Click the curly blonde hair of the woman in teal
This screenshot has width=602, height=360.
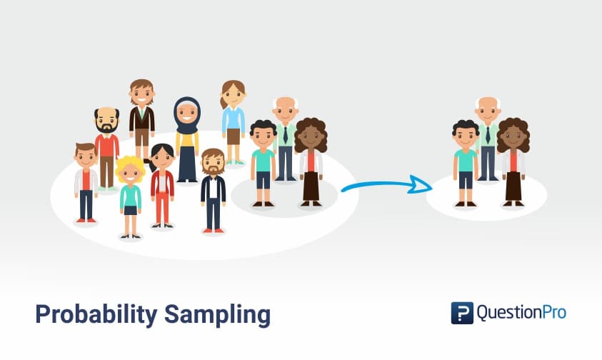[130, 169]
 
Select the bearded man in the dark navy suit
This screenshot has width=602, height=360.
[213, 189]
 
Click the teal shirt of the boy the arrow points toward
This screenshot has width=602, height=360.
[466, 160]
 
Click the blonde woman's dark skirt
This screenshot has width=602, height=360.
[130, 210]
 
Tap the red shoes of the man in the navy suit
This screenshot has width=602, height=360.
[213, 230]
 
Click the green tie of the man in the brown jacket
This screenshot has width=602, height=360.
[141, 113]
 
